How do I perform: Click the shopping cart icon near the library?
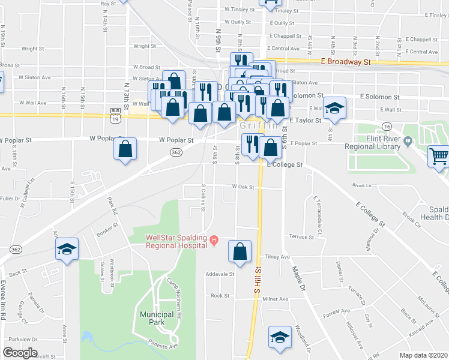[439, 157]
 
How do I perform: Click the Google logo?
[20, 353]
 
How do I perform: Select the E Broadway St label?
[346, 61]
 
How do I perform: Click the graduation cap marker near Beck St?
[67, 250]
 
